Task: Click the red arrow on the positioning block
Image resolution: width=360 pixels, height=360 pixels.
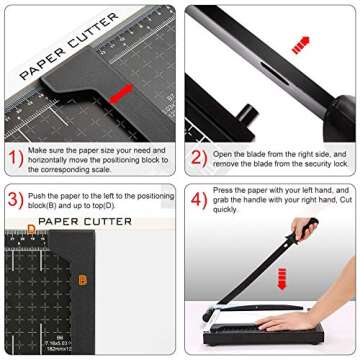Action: [x=123, y=93]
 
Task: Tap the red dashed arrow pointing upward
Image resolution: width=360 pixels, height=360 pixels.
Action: [x=300, y=45]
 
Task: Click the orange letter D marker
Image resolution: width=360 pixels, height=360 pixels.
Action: [x=31, y=229]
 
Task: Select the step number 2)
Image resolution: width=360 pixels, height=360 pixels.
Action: [x=199, y=157]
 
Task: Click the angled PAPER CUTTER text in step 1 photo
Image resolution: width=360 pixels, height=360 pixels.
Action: [x=65, y=47]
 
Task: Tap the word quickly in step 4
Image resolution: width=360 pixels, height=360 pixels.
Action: [x=226, y=210]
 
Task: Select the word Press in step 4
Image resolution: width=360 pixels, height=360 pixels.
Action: [x=228, y=187]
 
